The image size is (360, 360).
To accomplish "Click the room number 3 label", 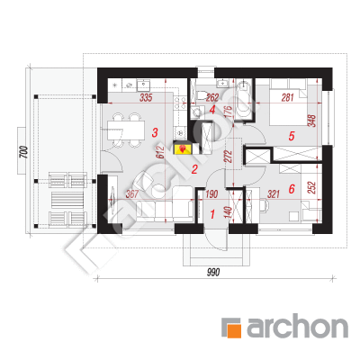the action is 155,132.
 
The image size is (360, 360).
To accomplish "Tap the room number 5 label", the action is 292,136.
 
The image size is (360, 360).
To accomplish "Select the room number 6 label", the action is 292,189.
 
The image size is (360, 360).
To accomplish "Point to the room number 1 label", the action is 212,214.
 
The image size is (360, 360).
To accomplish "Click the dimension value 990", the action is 213,272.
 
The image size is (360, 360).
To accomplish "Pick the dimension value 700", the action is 24,152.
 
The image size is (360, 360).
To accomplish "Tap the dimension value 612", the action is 160,152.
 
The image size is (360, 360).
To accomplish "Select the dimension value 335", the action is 146,97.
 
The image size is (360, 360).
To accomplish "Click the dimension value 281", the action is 287,97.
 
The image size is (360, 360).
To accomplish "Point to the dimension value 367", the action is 132,194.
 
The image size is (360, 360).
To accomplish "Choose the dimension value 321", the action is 274,194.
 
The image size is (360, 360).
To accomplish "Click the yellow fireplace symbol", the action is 182,148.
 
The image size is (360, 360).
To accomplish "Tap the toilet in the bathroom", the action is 202,94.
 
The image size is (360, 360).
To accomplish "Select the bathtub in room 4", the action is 243,100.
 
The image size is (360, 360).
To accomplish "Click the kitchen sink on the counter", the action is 144,85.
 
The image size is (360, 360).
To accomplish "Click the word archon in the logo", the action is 297,326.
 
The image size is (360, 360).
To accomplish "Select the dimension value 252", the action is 312,188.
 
